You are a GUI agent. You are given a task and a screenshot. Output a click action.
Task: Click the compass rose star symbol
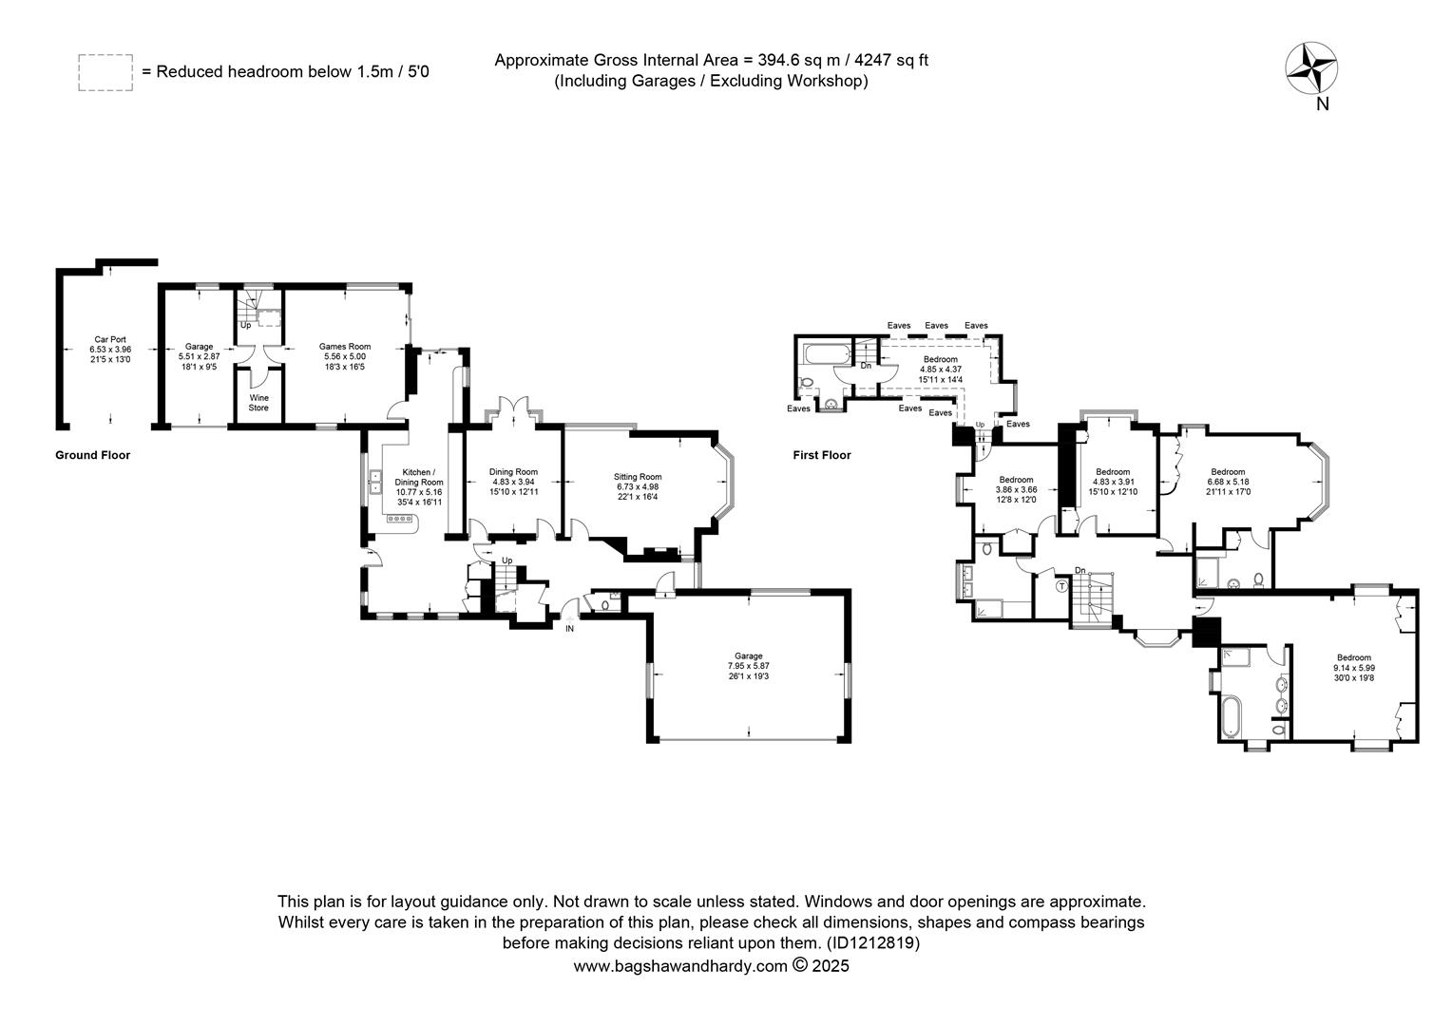pos(1310,68)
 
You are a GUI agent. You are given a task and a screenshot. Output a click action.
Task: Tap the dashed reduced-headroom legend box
pos(105,72)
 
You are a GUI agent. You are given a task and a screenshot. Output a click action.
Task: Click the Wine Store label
pos(258,403)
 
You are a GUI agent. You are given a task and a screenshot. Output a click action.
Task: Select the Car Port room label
pos(110,339)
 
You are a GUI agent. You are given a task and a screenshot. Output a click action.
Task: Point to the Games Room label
pos(345,347)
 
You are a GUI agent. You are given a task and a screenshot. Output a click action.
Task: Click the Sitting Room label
pos(638,477)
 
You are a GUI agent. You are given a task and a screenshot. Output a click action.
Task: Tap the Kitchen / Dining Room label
pos(419,477)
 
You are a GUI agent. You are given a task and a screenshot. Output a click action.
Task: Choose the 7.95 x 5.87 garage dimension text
pos(749,666)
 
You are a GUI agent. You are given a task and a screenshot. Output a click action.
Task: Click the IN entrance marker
pos(570,629)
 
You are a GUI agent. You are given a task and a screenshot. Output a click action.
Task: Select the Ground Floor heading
pos(93,455)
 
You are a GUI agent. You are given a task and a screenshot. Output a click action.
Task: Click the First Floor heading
pos(822,455)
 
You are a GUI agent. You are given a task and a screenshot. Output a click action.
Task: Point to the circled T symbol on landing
pos(1061,586)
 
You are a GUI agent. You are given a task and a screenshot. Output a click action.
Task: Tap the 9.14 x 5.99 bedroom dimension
pos(1354,668)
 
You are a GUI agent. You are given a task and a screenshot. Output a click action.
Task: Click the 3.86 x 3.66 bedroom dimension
pos(1017,490)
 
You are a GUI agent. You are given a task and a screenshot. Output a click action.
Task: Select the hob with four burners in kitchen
pos(399,519)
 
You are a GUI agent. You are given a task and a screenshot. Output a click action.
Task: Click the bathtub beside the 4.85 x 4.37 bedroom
pos(824,354)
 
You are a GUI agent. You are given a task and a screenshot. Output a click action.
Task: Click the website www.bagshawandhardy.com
pos(680,966)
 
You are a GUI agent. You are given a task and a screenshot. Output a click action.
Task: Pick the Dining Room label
pos(513,472)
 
